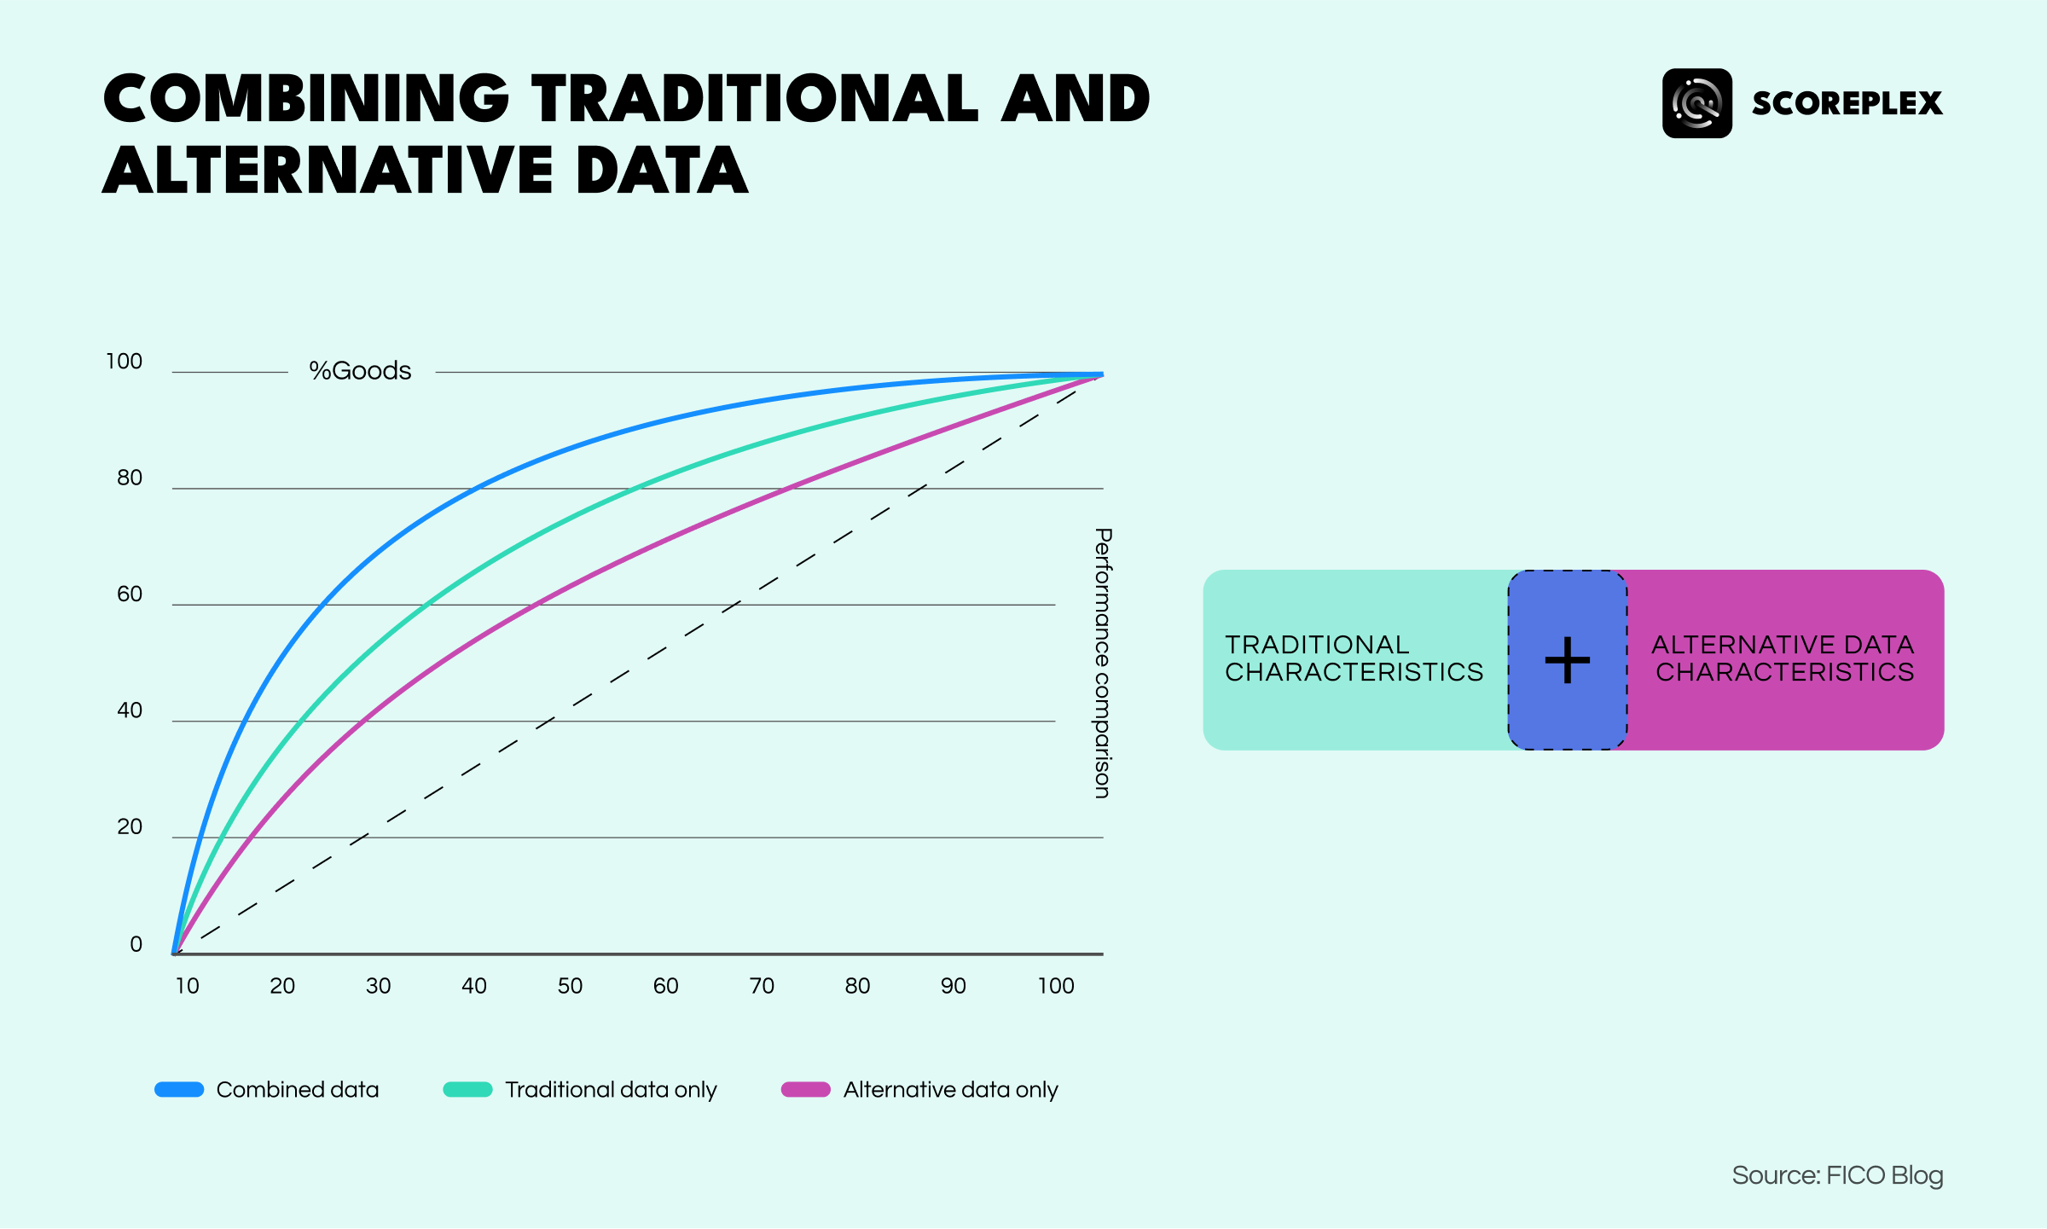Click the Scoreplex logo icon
1696,103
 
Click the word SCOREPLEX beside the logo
1847,103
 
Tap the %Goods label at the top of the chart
360,371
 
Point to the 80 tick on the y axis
130,478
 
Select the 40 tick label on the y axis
130,710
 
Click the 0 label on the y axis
136,944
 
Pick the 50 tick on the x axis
570,986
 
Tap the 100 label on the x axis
1055,986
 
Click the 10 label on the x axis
187,986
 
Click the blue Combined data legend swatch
179,1089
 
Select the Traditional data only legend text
611,1089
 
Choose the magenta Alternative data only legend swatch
805,1089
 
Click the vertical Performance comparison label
1103,663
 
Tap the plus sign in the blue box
1568,660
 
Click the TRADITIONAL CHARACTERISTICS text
1354,658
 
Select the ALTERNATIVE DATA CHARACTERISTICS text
1783,658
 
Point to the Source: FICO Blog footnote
1837,1175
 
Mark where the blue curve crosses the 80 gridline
473,489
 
